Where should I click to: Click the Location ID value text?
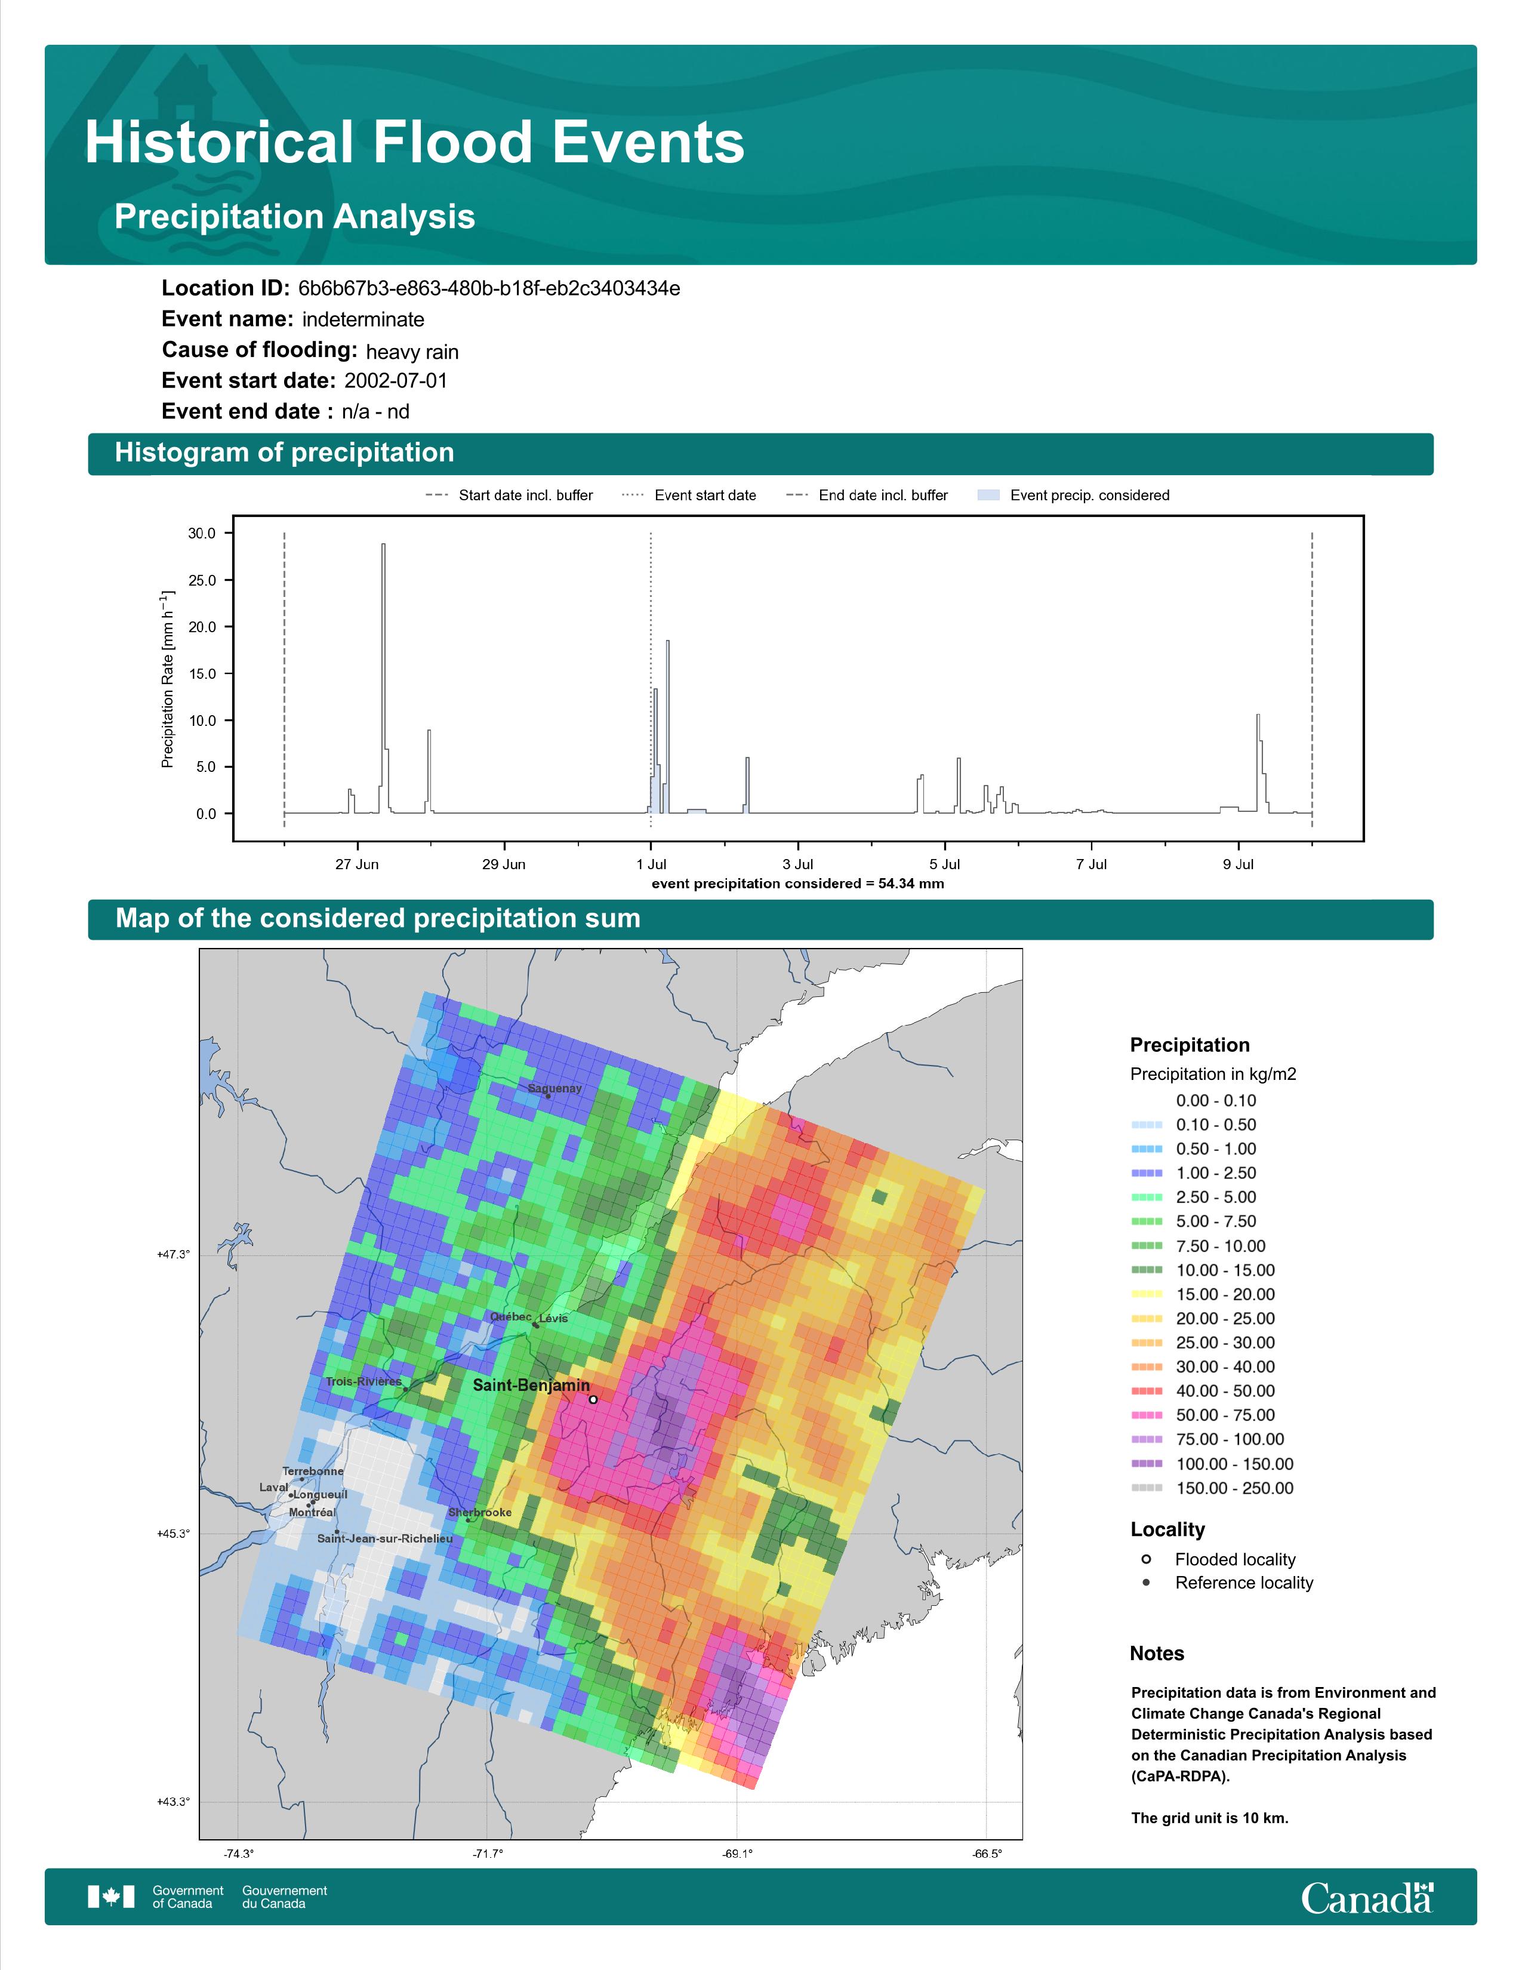tap(489, 289)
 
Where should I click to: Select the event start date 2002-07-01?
tap(396, 381)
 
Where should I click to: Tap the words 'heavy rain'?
tap(412, 352)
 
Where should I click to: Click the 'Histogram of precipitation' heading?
tap(284, 453)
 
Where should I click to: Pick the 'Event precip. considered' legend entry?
tap(1073, 495)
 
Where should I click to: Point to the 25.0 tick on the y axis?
tap(202, 580)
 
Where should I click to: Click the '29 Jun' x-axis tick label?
tap(503, 864)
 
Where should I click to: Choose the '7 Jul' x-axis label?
tap(1091, 864)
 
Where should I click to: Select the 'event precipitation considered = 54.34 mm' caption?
tap(798, 884)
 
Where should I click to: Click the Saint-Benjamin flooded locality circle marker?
tap(593, 1400)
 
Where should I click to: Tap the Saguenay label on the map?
tap(554, 1089)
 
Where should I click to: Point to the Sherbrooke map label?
tap(480, 1513)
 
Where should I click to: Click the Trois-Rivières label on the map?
tap(363, 1382)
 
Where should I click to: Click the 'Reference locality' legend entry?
tap(1227, 1583)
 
